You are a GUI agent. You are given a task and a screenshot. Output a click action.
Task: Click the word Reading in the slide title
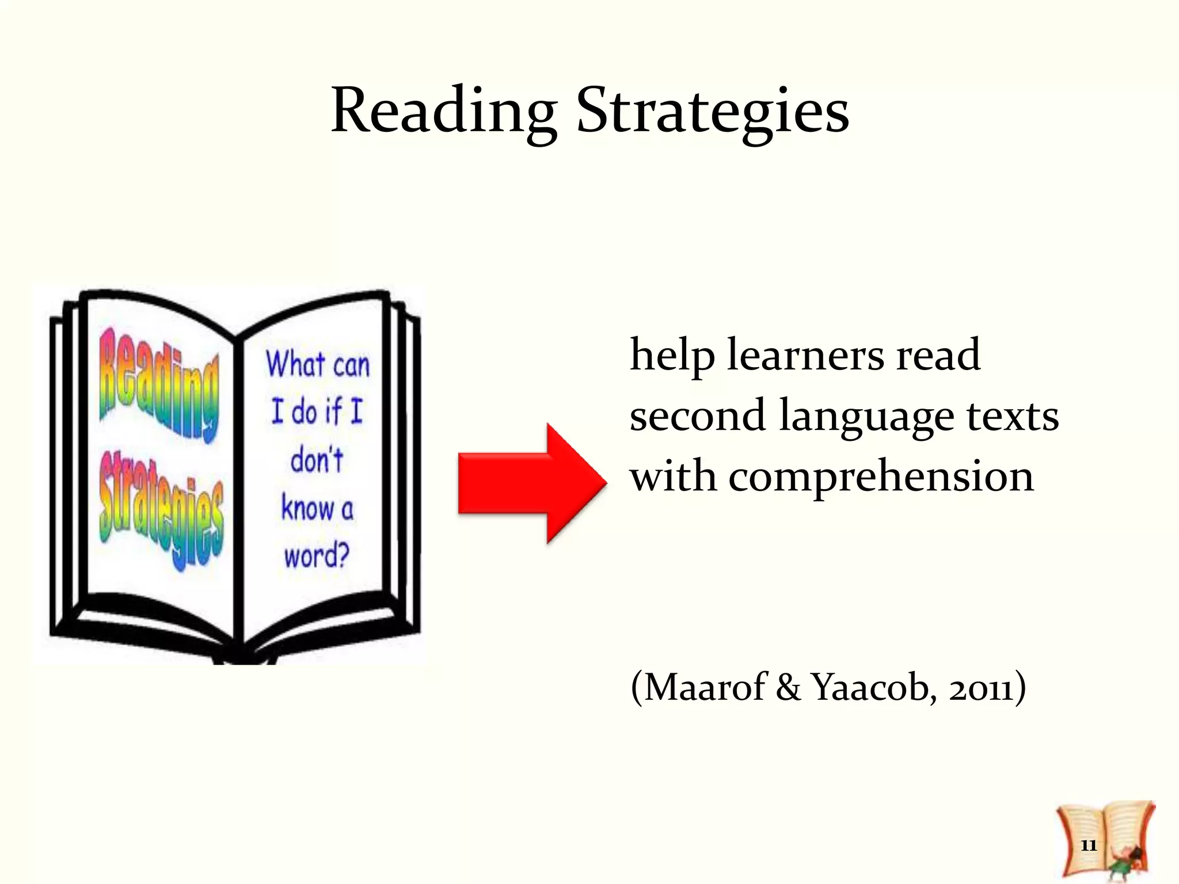[x=444, y=110]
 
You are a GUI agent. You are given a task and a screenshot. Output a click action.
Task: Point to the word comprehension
[x=881, y=478]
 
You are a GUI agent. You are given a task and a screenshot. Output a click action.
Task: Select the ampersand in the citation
[x=788, y=687]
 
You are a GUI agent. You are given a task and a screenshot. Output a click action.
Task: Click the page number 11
[x=1088, y=845]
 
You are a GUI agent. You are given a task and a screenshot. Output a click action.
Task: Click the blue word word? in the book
[x=317, y=555]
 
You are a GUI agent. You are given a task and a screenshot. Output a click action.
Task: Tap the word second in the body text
[x=697, y=417]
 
